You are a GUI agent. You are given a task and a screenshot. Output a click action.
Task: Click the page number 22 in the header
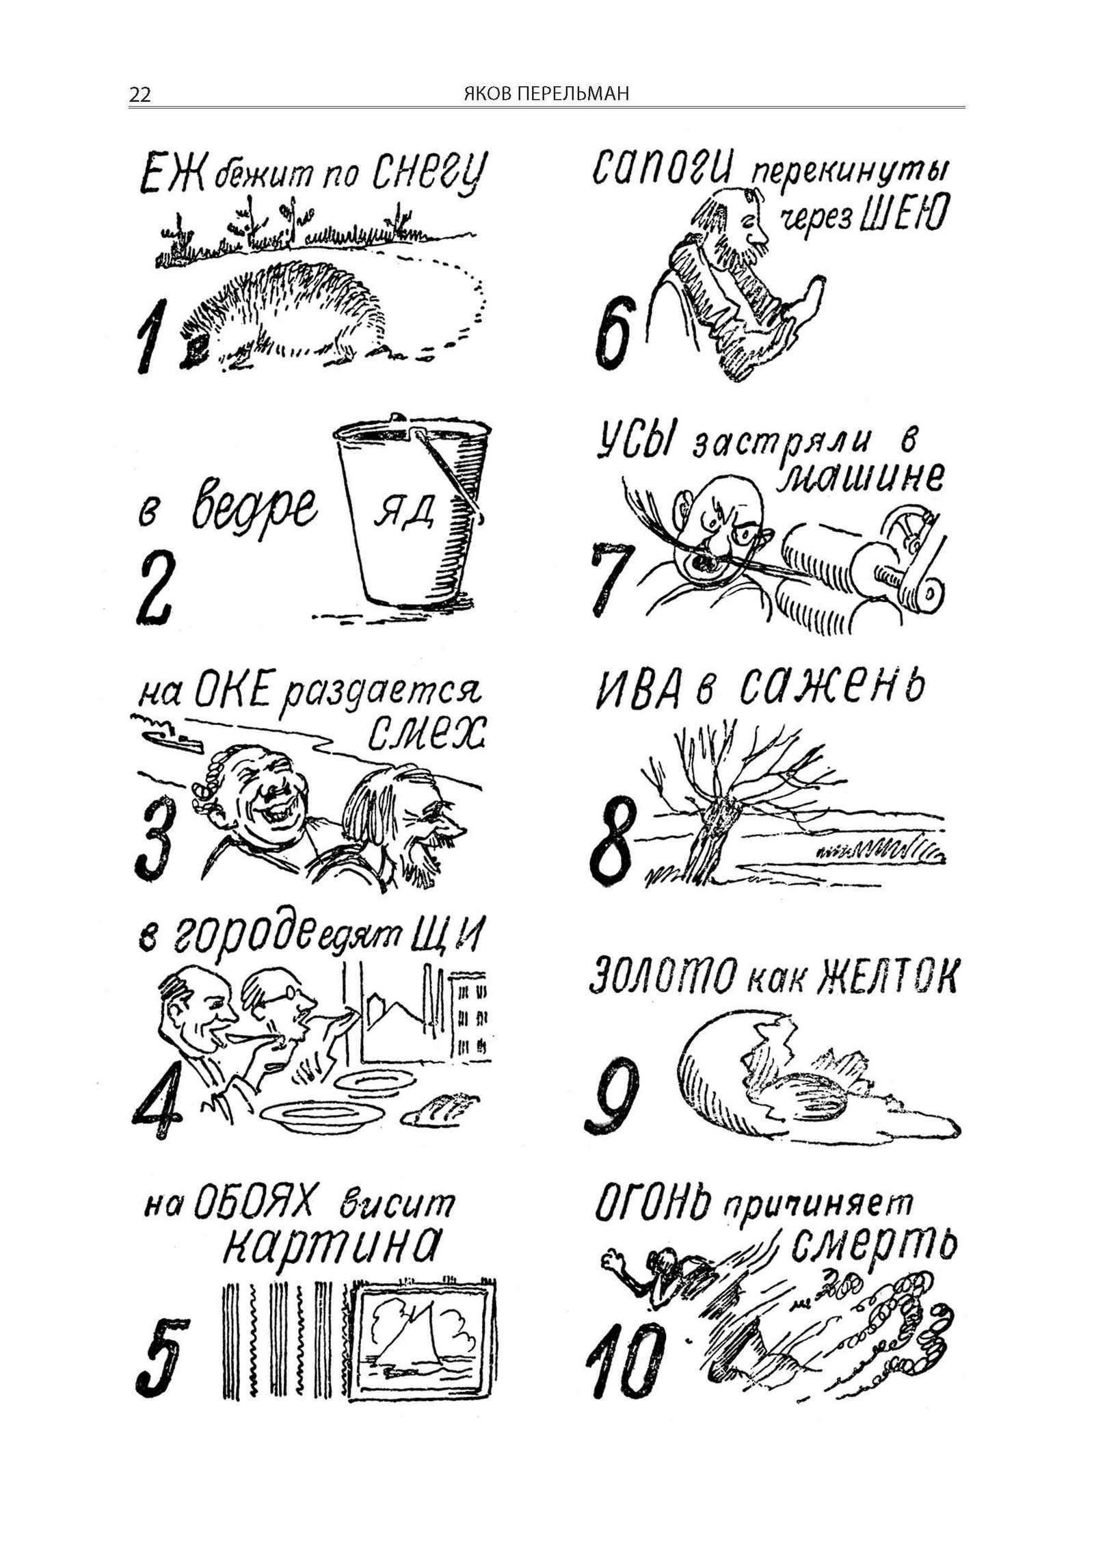click(139, 94)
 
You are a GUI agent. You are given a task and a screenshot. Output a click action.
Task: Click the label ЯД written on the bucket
click(404, 510)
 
